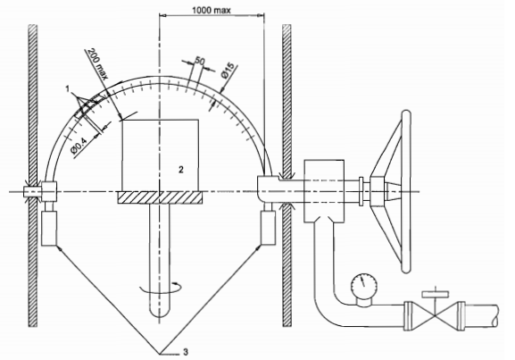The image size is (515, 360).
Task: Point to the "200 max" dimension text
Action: coord(97,63)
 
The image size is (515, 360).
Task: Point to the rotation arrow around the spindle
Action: coord(161,287)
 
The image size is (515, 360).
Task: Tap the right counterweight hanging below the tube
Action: coord(267,230)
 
